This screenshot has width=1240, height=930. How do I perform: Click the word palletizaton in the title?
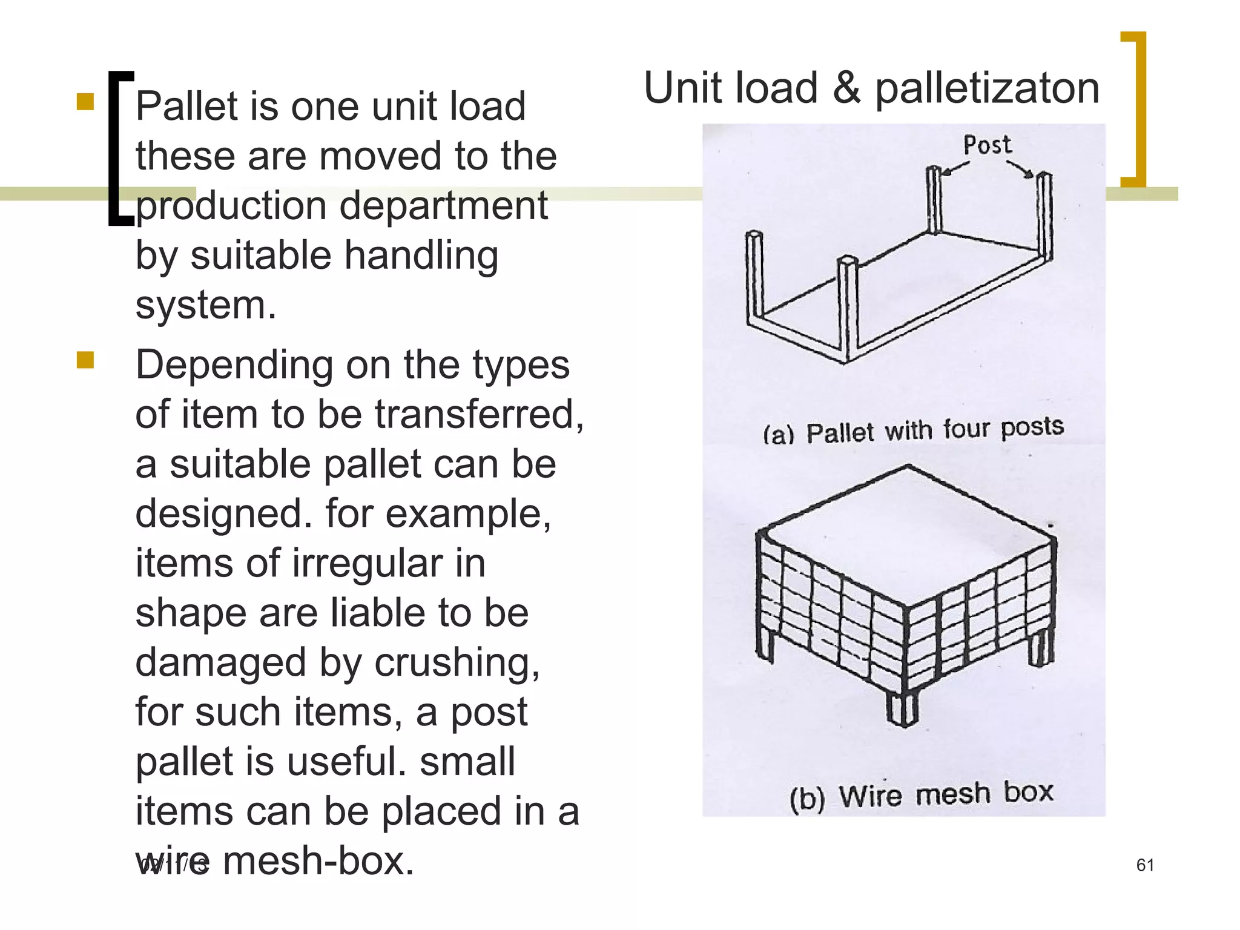click(x=987, y=89)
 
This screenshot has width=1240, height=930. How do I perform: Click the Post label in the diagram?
click(x=987, y=145)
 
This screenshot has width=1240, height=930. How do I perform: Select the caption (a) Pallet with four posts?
click(x=912, y=430)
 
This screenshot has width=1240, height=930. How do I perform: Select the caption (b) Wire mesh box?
click(x=921, y=795)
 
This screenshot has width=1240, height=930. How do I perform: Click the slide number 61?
click(x=1145, y=865)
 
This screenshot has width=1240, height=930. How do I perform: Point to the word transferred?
click(x=478, y=415)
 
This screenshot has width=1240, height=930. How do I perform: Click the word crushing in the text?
click(x=457, y=663)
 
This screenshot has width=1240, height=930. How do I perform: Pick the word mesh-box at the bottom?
click(x=318, y=861)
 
